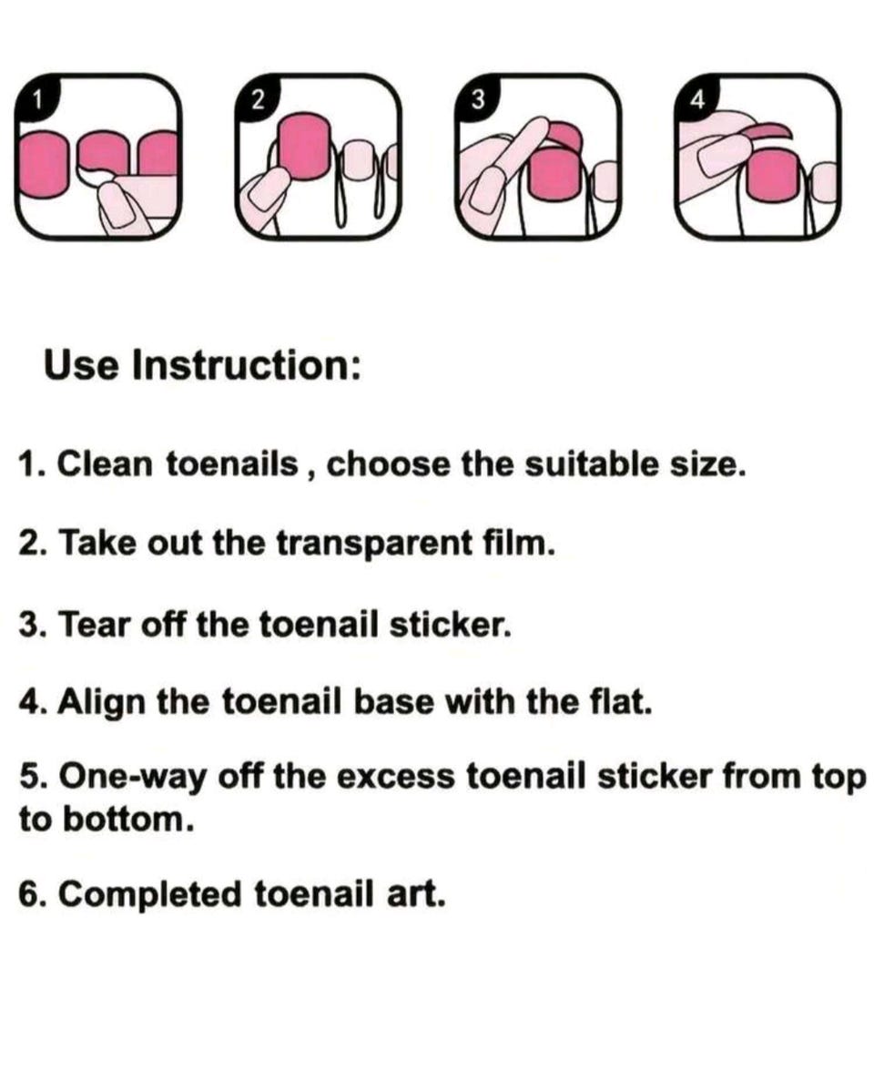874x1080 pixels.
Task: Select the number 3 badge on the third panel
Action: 476,99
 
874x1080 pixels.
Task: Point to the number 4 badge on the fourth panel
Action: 697,100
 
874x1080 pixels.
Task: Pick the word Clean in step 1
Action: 105,464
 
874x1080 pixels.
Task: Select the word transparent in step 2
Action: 375,543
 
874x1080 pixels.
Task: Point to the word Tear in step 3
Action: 95,624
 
